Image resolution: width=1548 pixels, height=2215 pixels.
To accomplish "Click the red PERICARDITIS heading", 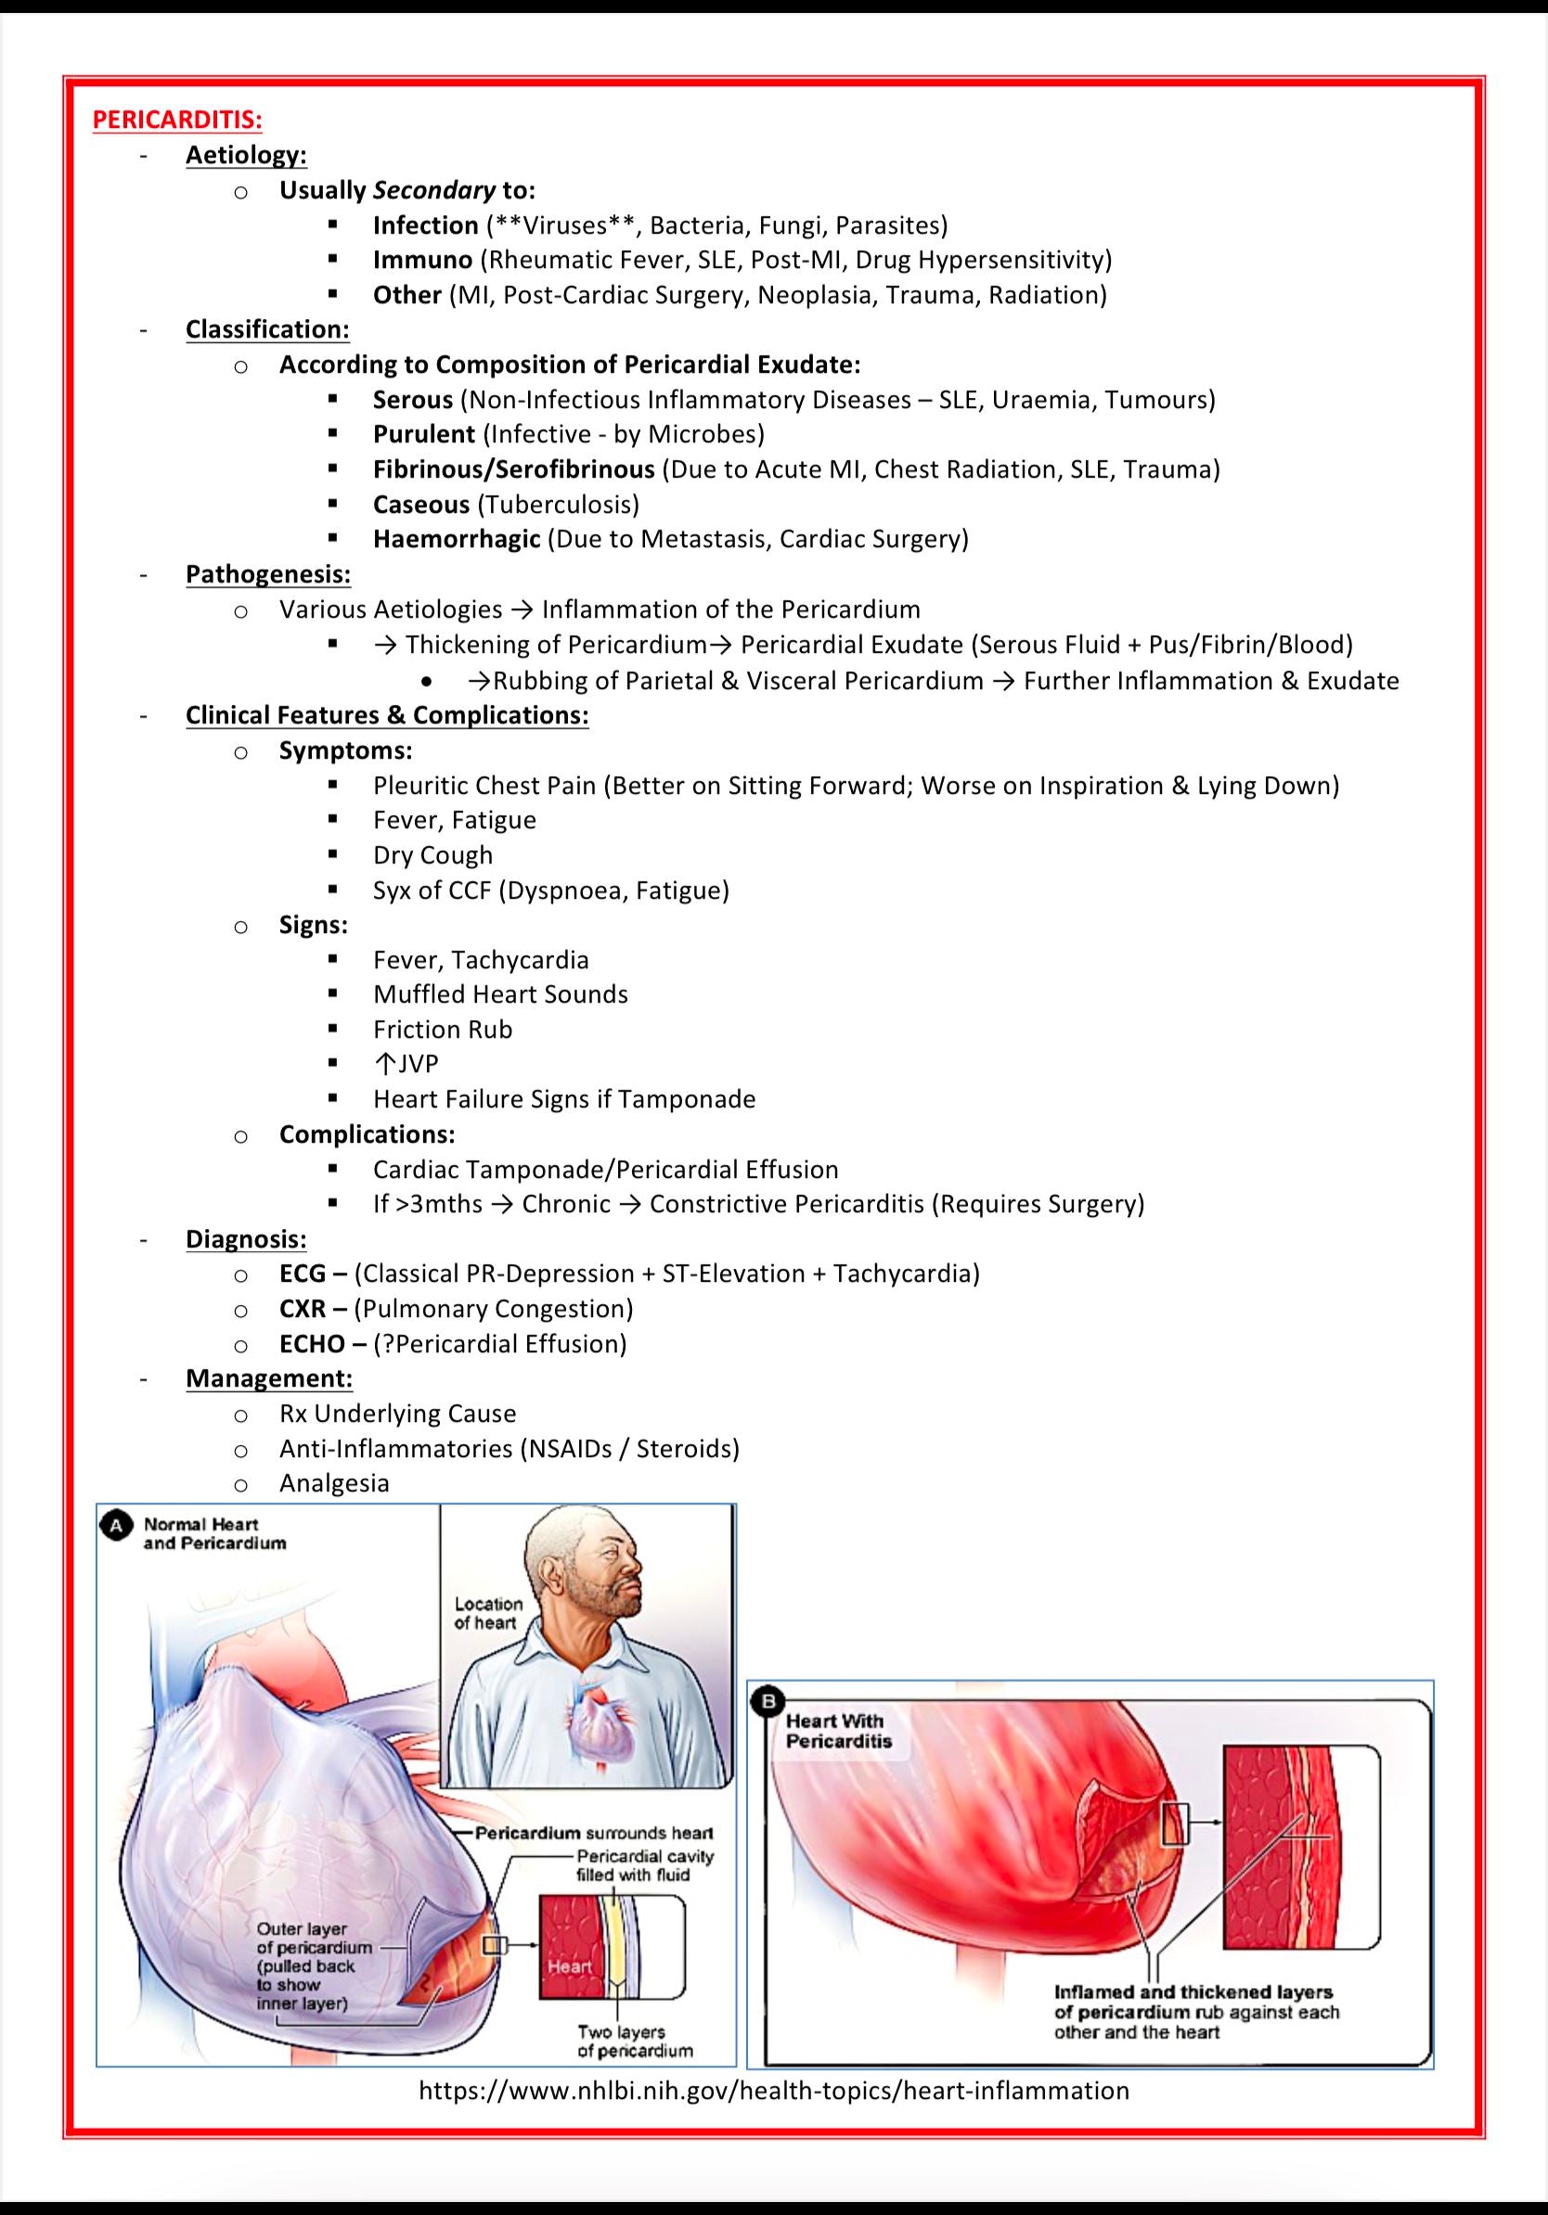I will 176,120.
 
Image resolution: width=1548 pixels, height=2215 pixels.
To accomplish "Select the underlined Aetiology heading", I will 246,155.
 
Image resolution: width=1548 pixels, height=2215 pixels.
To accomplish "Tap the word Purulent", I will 424,434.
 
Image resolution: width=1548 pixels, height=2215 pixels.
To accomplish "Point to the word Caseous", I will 420,504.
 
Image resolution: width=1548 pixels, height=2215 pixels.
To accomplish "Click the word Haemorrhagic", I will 457,538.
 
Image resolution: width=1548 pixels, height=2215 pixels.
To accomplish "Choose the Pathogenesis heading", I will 267,574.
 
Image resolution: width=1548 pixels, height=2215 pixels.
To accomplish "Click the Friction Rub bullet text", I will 442,1030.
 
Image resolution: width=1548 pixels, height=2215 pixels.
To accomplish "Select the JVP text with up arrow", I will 406,1064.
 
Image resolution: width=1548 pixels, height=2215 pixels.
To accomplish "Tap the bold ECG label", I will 302,1274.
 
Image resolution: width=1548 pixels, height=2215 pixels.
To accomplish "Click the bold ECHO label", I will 312,1344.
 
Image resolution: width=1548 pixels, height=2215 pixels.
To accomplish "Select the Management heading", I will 268,1378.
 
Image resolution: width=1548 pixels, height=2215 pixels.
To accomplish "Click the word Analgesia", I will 334,1483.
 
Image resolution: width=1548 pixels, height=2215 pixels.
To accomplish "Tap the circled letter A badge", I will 117,1525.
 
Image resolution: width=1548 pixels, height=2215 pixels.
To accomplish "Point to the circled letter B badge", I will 768,1702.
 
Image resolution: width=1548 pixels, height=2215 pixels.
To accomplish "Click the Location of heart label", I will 487,1613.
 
